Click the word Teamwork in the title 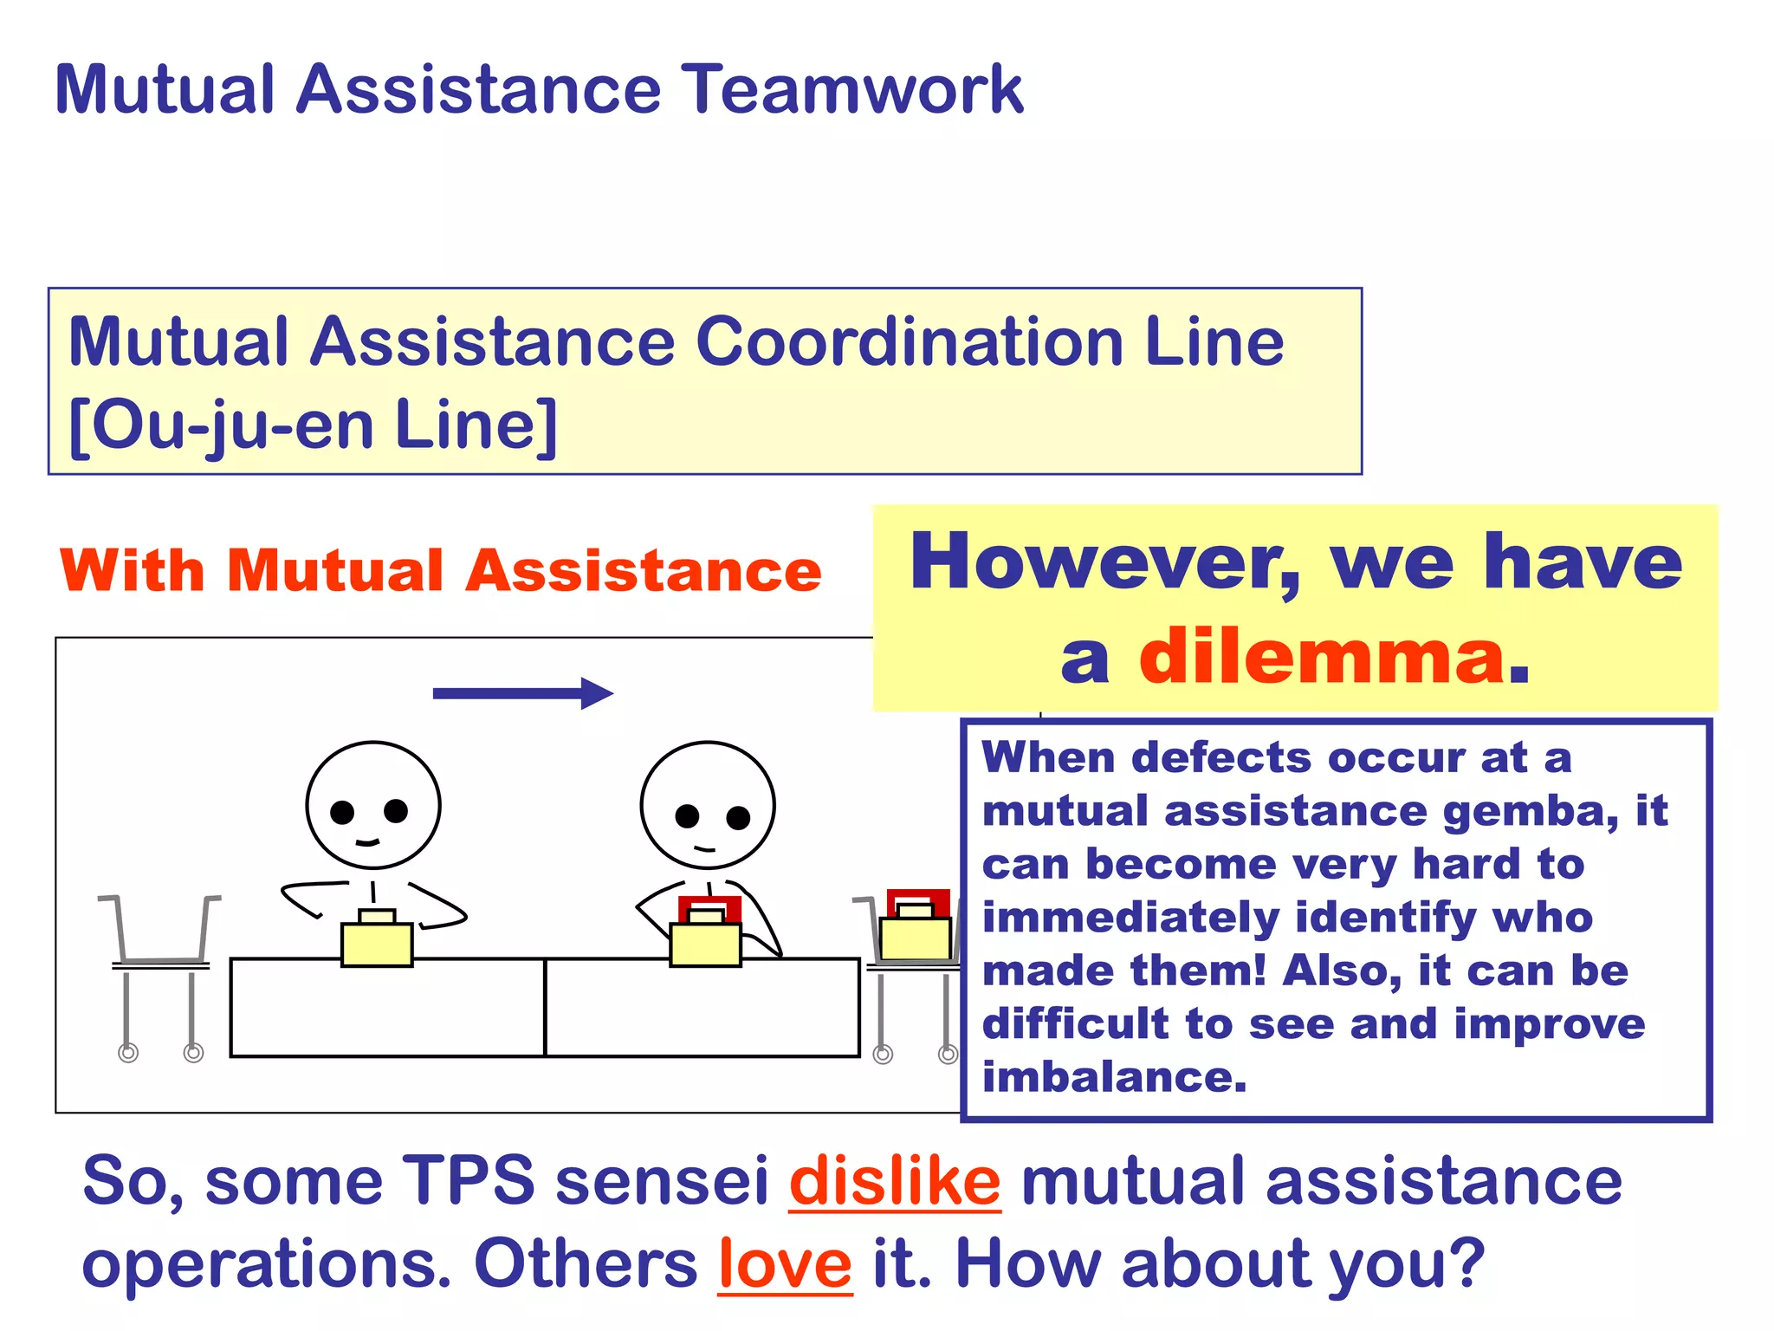click(x=853, y=89)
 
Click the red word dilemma click(x=1322, y=657)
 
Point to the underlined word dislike click(x=895, y=1181)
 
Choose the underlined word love click(x=785, y=1264)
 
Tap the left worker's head click(x=373, y=804)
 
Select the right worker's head click(x=708, y=804)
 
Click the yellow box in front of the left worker click(x=377, y=943)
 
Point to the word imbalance click(x=1114, y=1077)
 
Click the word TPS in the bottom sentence click(x=469, y=1181)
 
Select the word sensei click(x=662, y=1181)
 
